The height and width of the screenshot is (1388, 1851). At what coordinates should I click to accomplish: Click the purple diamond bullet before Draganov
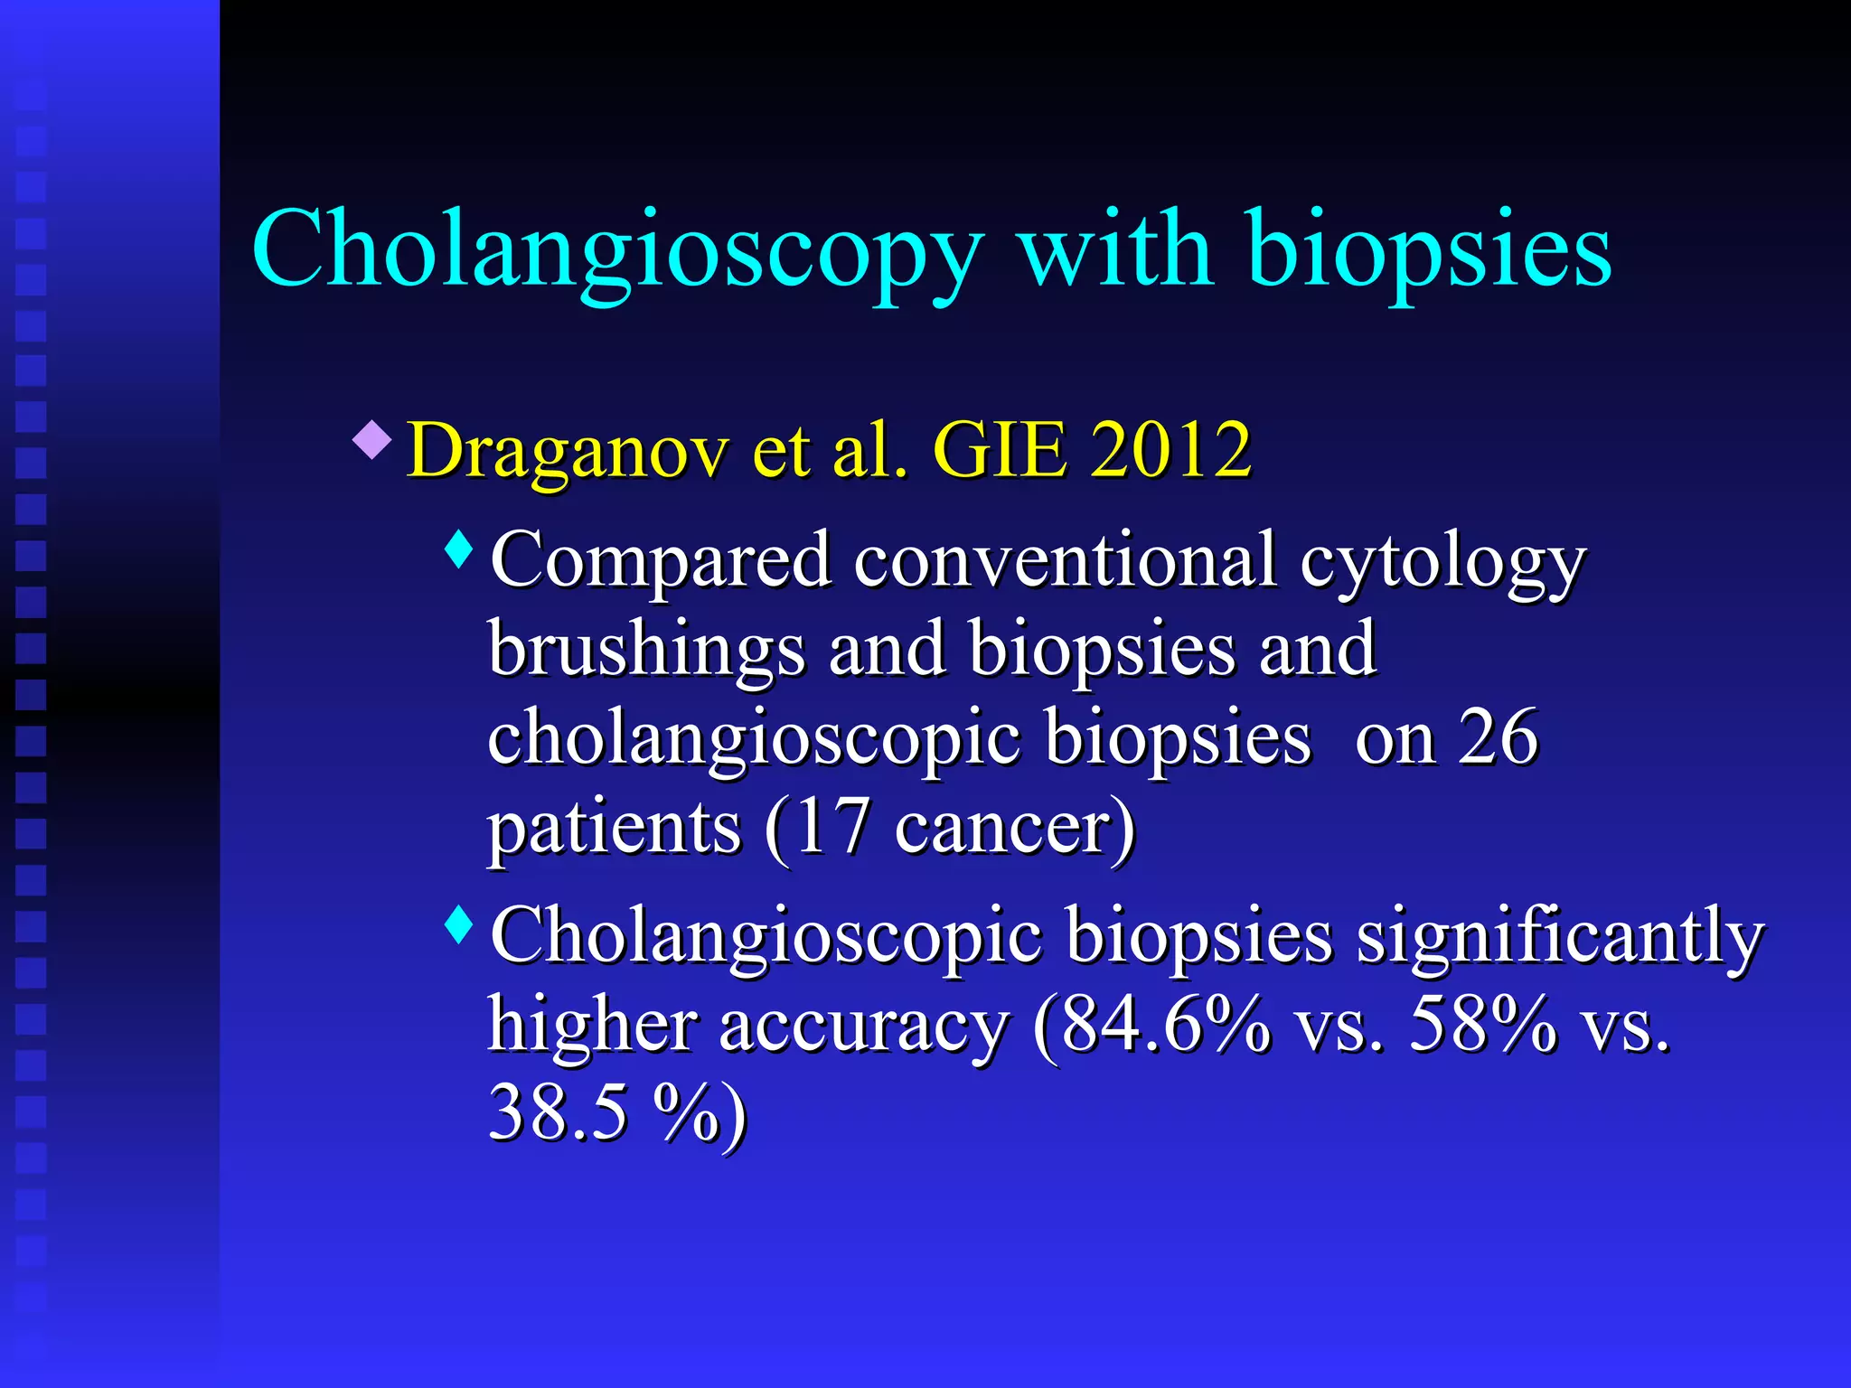coord(372,439)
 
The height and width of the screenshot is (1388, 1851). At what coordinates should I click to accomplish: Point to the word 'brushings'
coord(646,649)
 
